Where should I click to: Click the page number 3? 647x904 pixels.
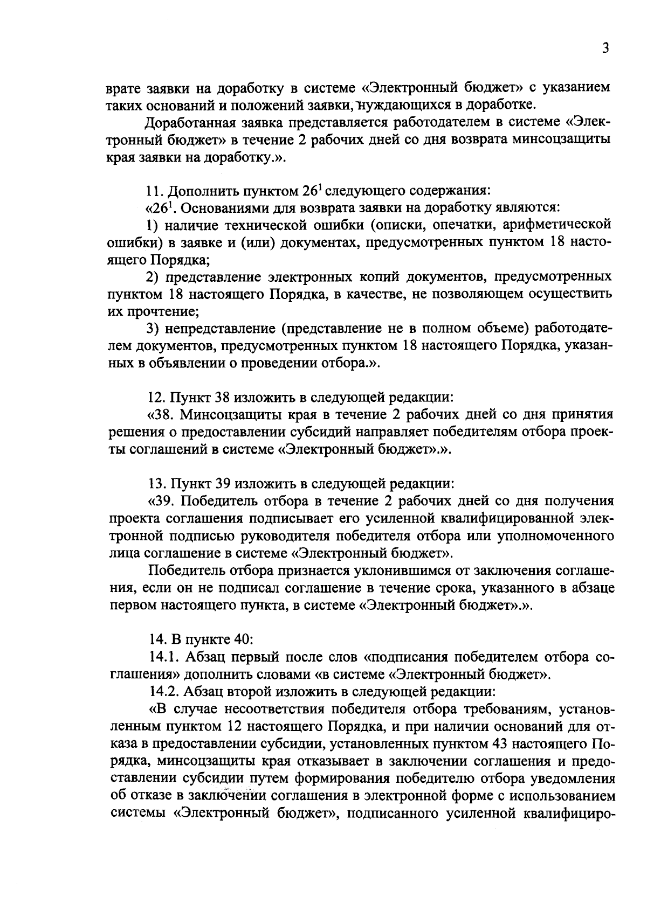[x=605, y=48]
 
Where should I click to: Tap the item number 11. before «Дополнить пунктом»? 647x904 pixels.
[x=156, y=191]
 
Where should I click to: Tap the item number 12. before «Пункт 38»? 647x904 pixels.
[x=156, y=398]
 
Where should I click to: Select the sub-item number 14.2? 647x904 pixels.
[x=164, y=692]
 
